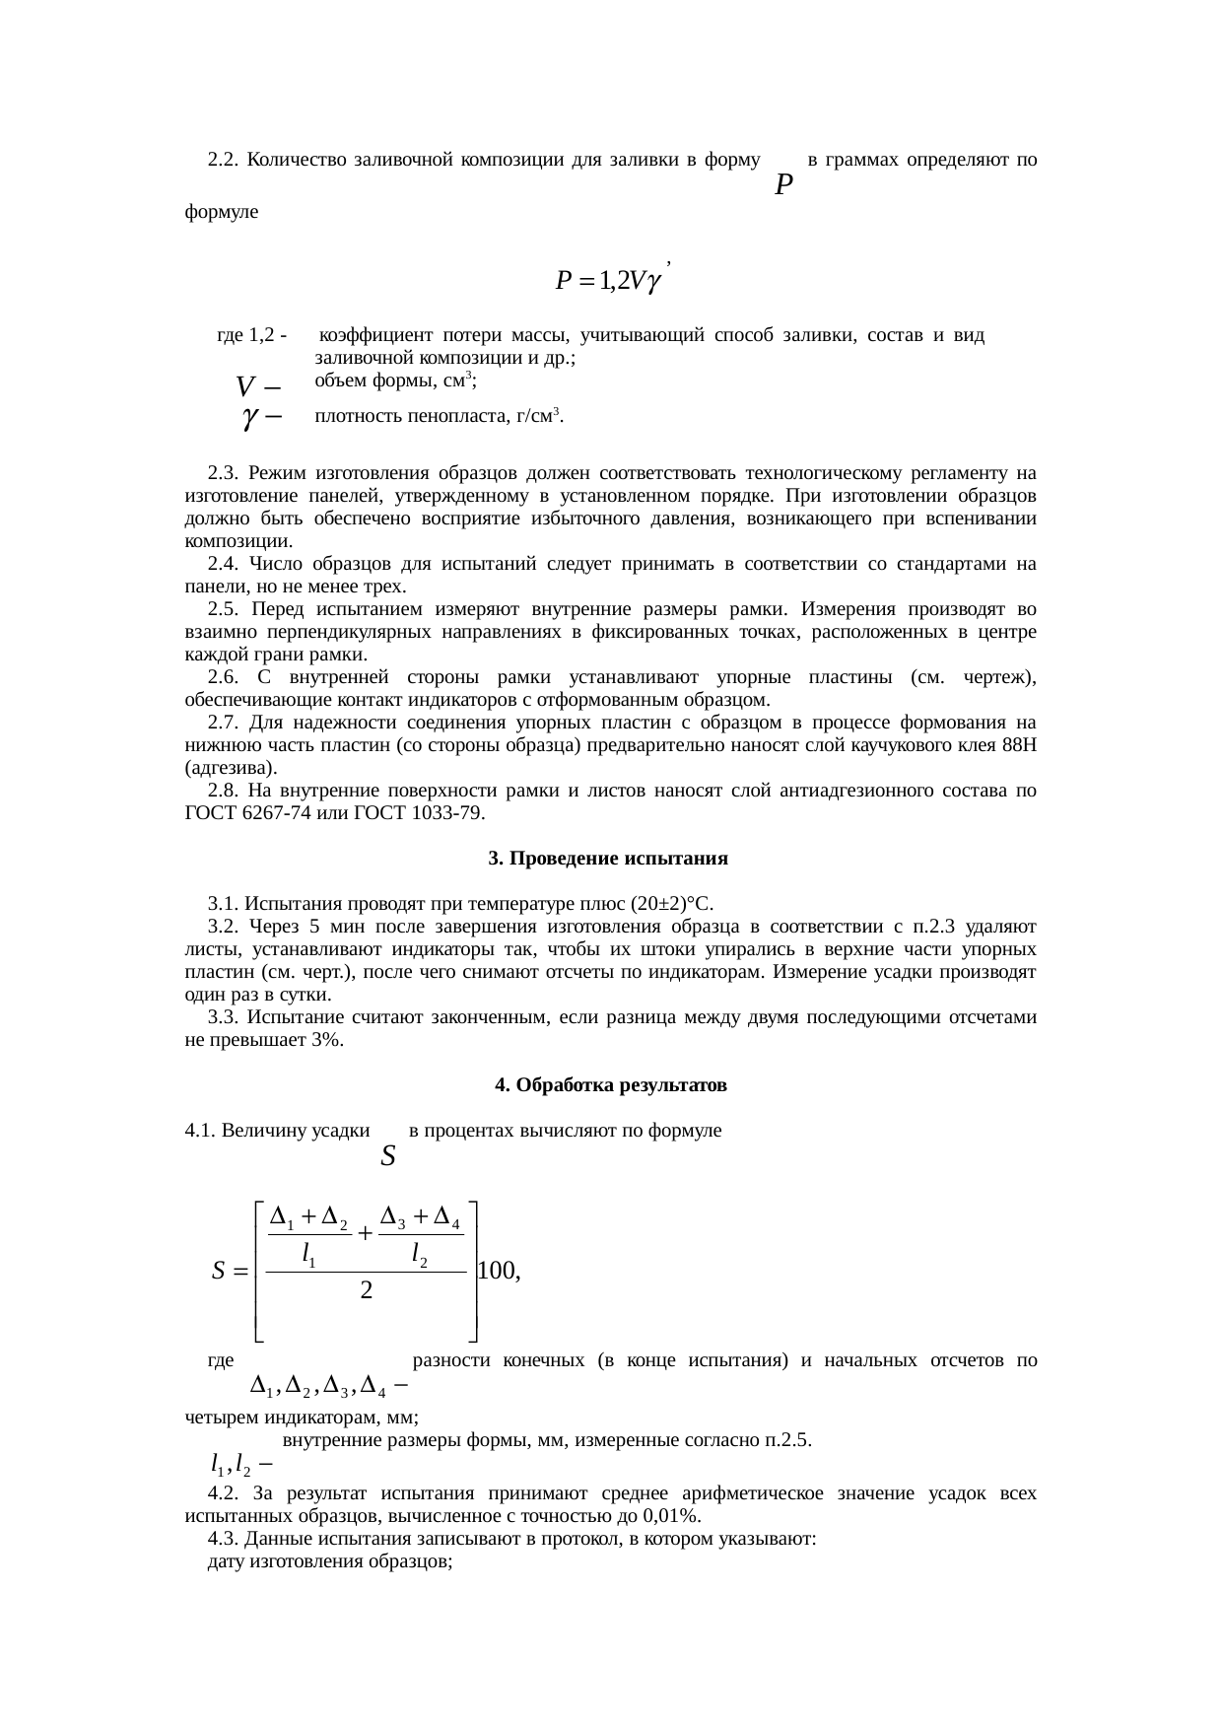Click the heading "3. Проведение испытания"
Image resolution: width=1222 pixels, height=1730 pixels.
coord(608,859)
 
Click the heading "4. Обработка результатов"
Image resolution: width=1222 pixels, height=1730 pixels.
coord(610,1085)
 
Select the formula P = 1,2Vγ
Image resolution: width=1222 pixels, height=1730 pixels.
coord(611,281)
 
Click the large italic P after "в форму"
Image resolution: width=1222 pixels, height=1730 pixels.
coord(783,184)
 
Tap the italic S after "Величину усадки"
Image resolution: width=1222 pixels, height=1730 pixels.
coord(388,1156)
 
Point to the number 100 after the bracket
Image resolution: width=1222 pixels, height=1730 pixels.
coord(496,1271)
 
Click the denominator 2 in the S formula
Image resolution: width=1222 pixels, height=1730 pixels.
coord(366,1289)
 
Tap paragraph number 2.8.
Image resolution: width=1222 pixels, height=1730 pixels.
coord(224,791)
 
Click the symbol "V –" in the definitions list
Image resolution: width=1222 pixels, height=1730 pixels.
coord(257,382)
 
